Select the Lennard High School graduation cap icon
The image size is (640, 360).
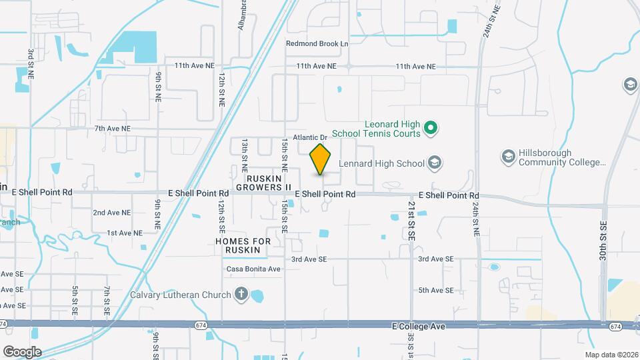tap(435, 163)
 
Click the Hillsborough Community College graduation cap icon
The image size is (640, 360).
tap(508, 156)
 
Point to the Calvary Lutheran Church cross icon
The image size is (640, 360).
tap(241, 294)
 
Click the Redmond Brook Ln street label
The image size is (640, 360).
tap(317, 44)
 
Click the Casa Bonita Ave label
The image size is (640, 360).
tap(253, 269)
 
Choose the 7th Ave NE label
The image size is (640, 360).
tap(113, 129)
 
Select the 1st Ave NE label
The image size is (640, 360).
tap(125, 233)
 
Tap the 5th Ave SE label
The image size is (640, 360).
tap(436, 291)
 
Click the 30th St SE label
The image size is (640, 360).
tap(603, 241)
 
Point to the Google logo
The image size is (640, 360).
tap(22, 351)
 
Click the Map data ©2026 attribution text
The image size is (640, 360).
tap(611, 355)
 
